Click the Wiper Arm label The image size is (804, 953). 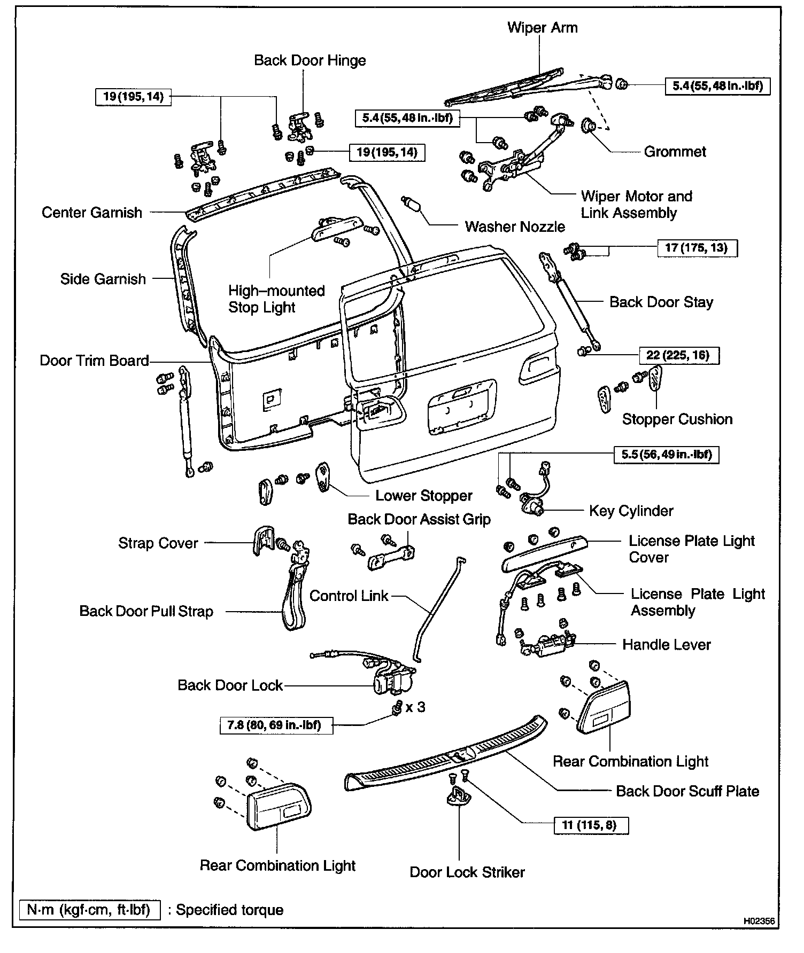point(542,28)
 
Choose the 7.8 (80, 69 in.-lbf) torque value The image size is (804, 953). point(276,725)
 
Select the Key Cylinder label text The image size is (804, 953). point(631,511)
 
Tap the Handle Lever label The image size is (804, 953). point(666,644)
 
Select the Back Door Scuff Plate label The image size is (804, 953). point(687,791)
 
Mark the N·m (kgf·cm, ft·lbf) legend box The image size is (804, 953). point(89,910)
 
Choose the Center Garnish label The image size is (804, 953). point(92,213)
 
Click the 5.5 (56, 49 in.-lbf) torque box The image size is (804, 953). point(666,455)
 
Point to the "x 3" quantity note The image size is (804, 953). point(415,707)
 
